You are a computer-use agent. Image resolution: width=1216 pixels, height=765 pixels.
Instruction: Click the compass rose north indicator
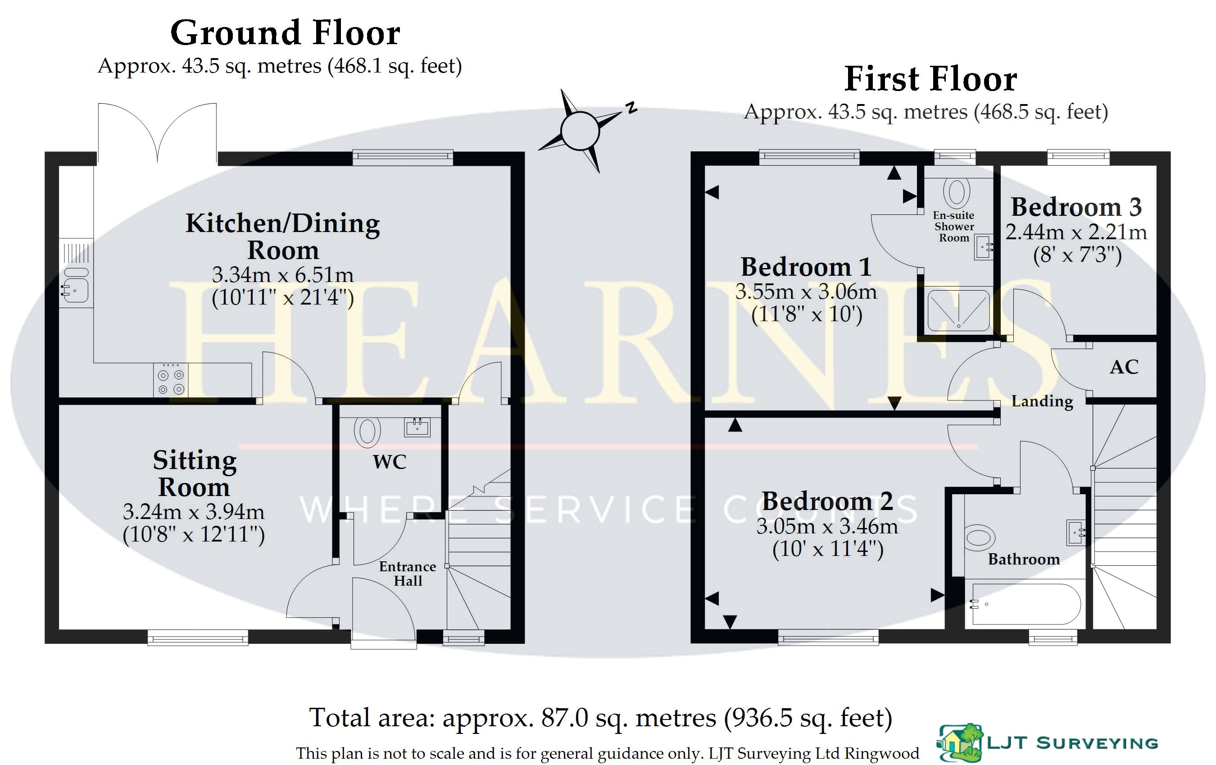click(631, 108)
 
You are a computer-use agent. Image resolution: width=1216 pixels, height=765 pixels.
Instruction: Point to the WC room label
click(389, 462)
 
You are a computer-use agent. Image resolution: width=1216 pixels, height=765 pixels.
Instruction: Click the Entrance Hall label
click(408, 574)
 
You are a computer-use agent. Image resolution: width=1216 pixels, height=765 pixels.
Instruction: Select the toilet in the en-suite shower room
click(956, 191)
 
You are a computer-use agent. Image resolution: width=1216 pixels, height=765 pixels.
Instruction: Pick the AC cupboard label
click(1124, 367)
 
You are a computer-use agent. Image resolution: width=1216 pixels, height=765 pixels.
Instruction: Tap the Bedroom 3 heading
click(1076, 207)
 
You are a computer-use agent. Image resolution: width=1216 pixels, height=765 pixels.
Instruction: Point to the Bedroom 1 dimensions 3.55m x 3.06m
click(806, 292)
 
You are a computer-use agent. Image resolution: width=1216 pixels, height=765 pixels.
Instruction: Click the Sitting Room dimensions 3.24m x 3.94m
click(193, 512)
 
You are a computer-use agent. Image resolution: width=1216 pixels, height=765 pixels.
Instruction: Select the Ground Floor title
click(286, 33)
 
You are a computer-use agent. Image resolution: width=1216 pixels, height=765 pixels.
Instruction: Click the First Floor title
click(930, 79)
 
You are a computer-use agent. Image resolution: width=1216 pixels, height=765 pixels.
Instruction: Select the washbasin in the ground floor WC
click(417, 427)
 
